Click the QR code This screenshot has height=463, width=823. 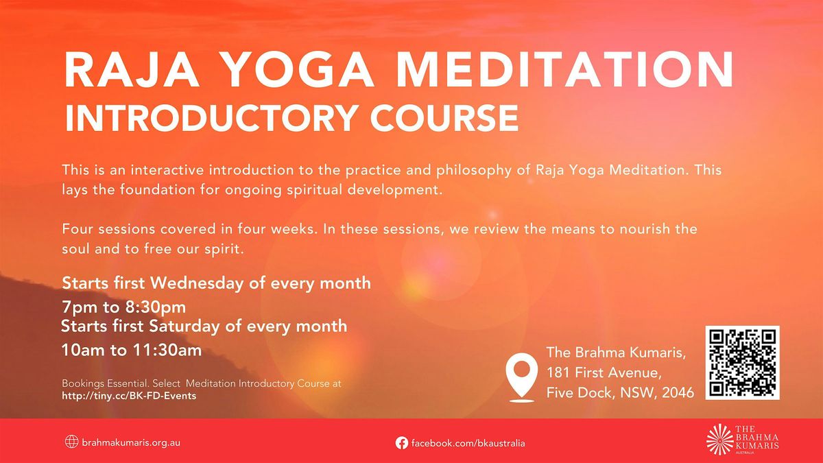tap(742, 363)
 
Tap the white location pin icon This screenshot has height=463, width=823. tap(521, 377)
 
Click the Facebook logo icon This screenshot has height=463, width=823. tap(402, 443)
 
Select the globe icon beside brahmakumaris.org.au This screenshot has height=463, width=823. tap(71, 442)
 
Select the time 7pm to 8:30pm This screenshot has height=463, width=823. tap(124, 307)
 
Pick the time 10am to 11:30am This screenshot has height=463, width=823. tap(132, 351)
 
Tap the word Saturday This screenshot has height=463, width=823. tap(188, 326)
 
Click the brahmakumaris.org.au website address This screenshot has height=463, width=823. tap(131, 443)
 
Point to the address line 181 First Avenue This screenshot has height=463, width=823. tap(604, 373)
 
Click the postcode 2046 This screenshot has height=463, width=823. tap(678, 393)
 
